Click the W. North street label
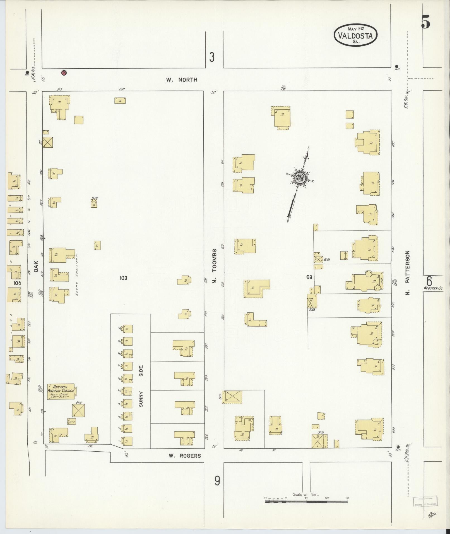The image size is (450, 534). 182,80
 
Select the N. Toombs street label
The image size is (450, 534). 214,266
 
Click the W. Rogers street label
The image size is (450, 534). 185,456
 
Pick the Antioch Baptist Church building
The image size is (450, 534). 61,392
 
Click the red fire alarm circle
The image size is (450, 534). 64,73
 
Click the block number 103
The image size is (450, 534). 123,278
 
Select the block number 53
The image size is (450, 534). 309,277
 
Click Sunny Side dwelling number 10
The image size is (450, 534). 128,329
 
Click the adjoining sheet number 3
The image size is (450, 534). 212,58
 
